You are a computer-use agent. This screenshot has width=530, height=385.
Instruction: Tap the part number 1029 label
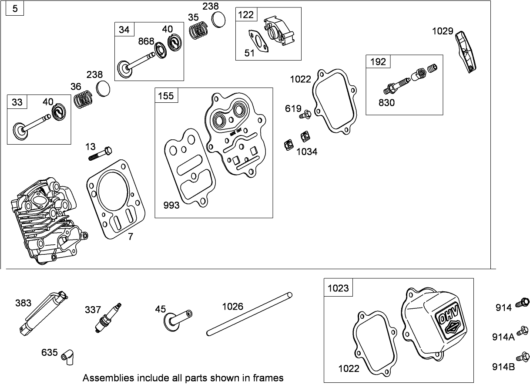click(443, 31)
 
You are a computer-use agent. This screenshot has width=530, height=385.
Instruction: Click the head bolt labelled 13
click(101, 153)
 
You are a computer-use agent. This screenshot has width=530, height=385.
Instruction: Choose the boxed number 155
click(166, 96)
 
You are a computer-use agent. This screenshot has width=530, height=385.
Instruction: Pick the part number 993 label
click(171, 205)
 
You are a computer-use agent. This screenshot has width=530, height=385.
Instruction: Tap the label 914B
click(503, 367)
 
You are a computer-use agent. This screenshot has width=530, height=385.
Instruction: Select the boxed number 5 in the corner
click(15, 9)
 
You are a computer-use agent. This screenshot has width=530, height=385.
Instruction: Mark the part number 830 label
click(387, 103)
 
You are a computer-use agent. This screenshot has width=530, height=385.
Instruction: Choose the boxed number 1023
click(338, 288)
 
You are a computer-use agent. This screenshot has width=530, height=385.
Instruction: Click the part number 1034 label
click(307, 152)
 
